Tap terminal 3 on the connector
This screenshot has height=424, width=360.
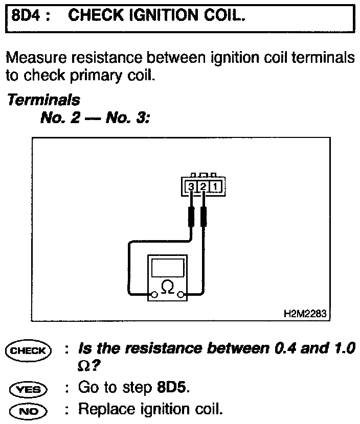(191, 187)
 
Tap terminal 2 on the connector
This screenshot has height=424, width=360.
(203, 187)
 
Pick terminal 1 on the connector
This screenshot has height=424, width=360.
(215, 187)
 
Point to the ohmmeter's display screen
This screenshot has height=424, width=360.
(167, 268)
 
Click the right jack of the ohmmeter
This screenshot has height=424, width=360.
(181, 295)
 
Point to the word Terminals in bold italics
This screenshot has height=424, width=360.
(43, 99)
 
